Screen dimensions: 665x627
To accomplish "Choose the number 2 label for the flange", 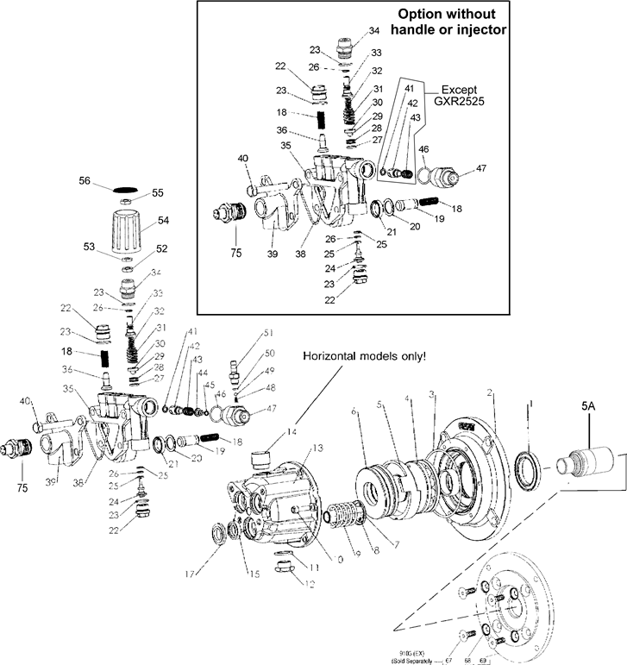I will (x=490, y=392).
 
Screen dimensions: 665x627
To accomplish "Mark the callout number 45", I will (x=209, y=385).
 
